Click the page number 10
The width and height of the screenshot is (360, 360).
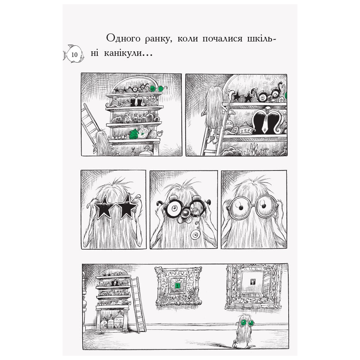(x=74, y=54)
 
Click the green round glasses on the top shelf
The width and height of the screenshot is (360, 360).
(x=153, y=88)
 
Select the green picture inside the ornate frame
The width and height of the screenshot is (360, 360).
(x=178, y=286)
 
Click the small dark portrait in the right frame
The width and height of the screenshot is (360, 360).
(x=252, y=281)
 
